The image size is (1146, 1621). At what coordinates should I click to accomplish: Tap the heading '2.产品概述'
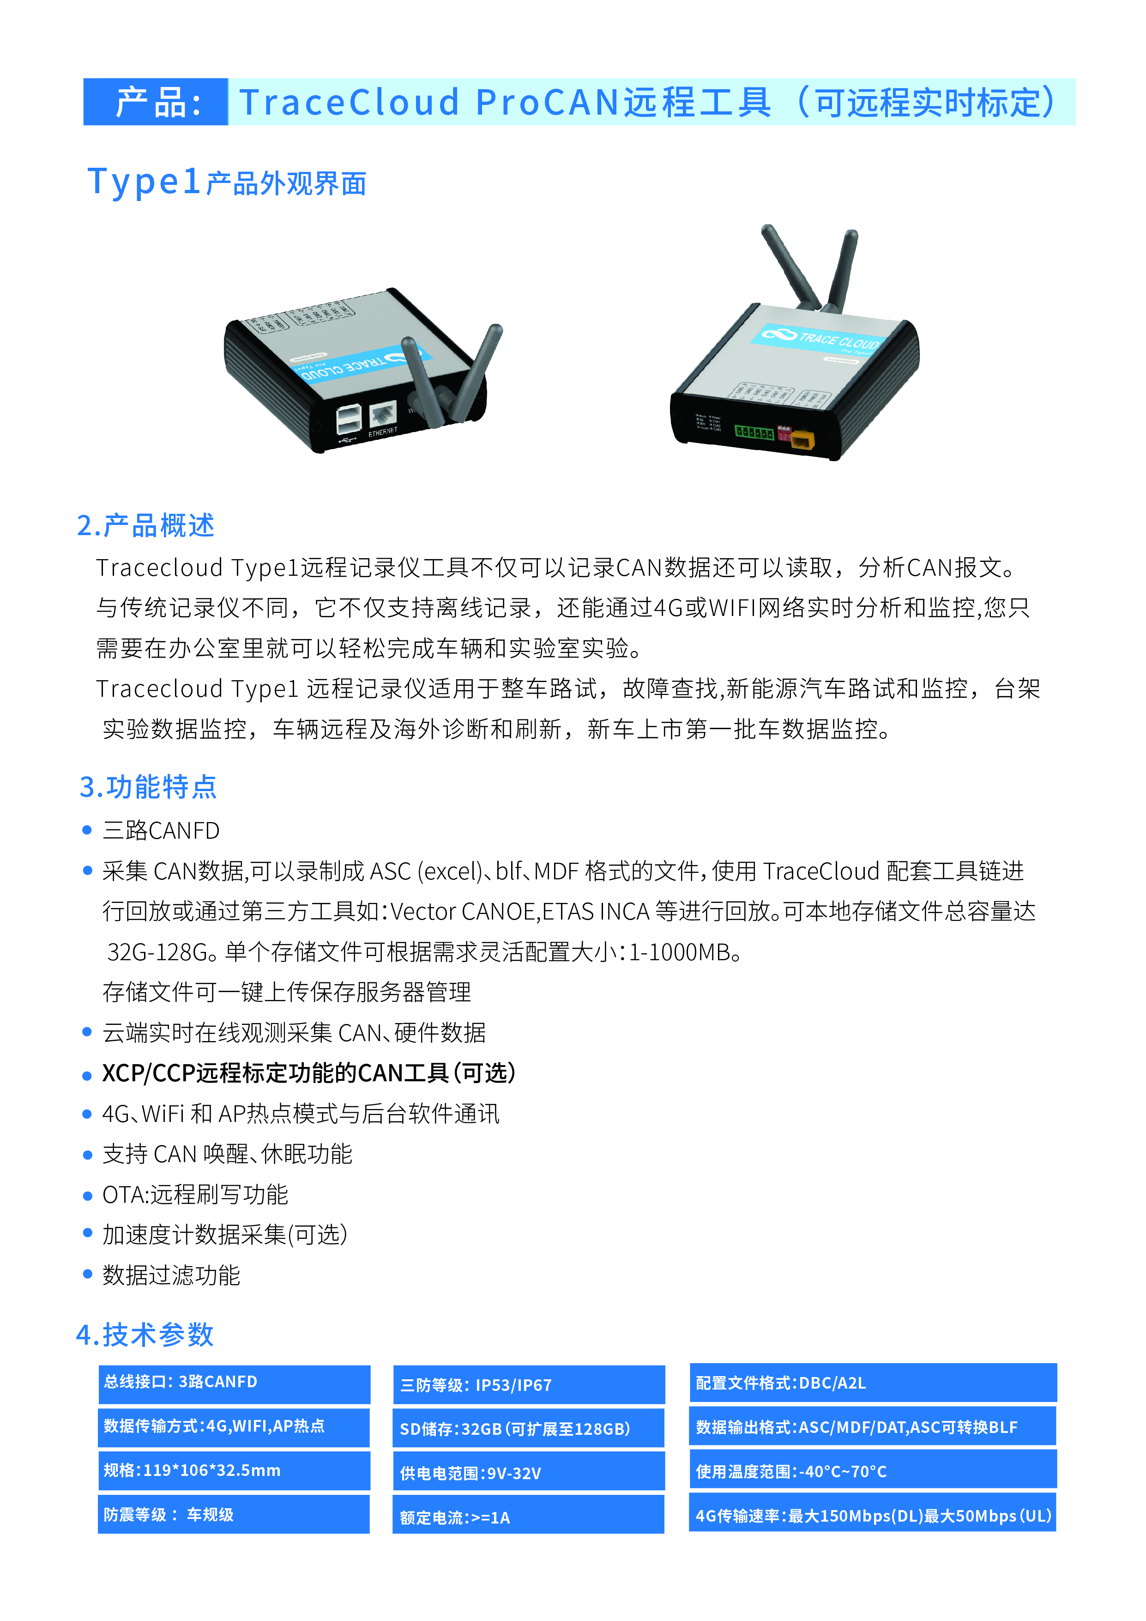(145, 526)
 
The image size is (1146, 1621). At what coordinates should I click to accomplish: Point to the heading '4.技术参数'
(145, 1335)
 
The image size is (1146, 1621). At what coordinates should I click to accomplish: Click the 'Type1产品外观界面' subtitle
(227, 182)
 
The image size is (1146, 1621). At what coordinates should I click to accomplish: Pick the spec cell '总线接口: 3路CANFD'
(234, 1384)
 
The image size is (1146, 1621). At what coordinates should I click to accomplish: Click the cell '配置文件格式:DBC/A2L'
(873, 1383)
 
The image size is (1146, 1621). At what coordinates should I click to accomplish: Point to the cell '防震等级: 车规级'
(234, 1514)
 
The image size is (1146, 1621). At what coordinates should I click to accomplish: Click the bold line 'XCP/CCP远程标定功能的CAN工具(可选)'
(309, 1073)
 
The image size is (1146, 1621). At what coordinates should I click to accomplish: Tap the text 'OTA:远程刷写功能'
(195, 1194)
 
